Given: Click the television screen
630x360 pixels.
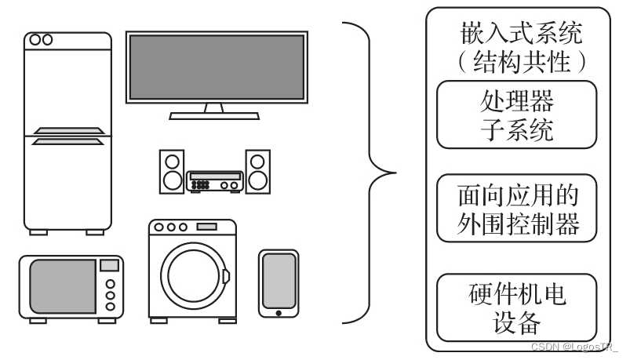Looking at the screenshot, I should coord(215,66).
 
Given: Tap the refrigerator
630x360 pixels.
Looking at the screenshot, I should coord(67,180).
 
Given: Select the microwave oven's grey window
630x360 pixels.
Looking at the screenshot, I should coord(63,286).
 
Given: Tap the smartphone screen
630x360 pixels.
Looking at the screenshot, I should coord(279,280).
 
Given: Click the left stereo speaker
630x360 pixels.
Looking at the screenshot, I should coord(172,173).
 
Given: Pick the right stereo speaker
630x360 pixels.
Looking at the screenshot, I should coord(257,173).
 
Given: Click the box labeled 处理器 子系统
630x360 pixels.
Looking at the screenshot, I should coord(516,115).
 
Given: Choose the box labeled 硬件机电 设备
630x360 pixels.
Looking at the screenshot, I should coord(516,307).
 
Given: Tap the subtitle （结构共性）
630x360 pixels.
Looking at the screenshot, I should coord(516,63).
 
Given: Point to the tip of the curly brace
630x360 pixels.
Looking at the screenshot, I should coord(392,172).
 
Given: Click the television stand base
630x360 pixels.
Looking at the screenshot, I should coord(214,115).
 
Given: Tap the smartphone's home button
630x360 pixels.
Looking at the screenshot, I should coord(279,314).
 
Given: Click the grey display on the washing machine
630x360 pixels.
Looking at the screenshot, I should coord(206,227).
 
